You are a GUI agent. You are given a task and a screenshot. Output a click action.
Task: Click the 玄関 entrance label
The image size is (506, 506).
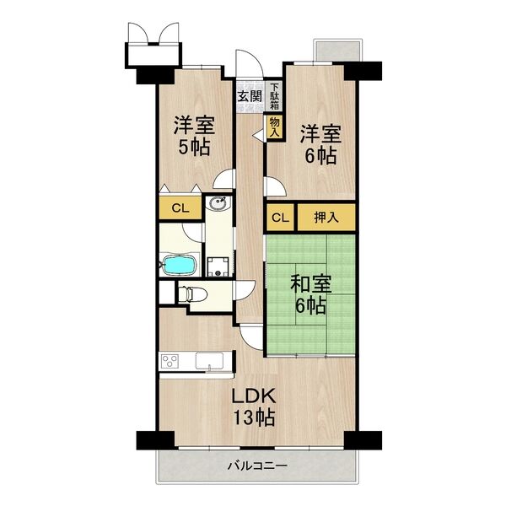tap(249, 96)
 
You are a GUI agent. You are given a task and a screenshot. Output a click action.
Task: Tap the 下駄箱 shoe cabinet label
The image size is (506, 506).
tap(275, 95)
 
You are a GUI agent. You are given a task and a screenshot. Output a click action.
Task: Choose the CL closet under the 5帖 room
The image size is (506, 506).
tap(179, 207)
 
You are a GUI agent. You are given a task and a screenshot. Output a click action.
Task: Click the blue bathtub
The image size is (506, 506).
tap(180, 266)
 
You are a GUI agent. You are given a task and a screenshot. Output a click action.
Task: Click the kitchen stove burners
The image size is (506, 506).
tap(170, 362)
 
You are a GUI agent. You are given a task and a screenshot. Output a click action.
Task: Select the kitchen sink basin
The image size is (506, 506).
tap(208, 362)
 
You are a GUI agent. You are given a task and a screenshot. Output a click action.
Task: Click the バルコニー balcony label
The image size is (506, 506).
tap(257, 466)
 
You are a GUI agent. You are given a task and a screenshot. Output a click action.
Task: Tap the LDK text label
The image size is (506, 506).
tap(252, 395)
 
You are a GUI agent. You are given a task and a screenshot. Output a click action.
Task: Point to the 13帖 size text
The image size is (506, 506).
tap(252, 417)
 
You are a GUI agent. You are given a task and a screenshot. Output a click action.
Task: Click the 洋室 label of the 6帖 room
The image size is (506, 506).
tap(320, 133)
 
